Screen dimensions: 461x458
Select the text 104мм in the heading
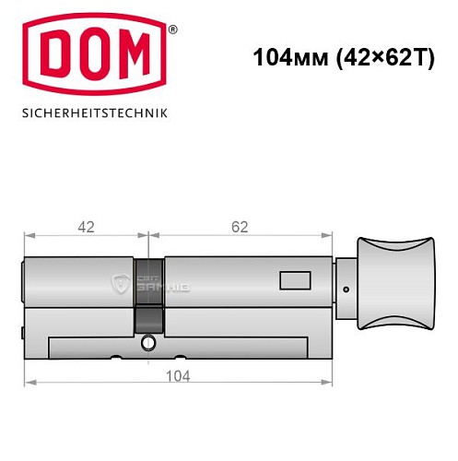click(284, 57)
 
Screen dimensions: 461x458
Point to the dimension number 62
click(242, 224)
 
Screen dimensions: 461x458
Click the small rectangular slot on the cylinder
click(295, 277)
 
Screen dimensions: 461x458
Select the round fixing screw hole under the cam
click(147, 345)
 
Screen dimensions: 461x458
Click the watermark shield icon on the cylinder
click(120, 283)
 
